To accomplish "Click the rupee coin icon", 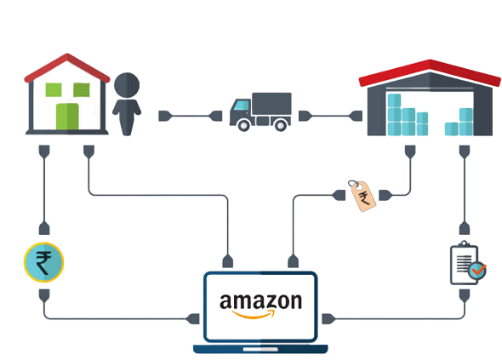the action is pos(44,262).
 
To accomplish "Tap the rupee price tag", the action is pos(362,196).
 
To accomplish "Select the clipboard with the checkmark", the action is pos(468,263).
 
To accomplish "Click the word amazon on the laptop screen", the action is pos(260,301).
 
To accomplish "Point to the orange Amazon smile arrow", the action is pos(254,315).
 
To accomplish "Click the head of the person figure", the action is pos(127,85).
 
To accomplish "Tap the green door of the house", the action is pos(67,117).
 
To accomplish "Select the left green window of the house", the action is pos(54,89).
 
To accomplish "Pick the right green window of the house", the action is pos(82,89).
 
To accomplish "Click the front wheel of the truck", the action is pos(243,125).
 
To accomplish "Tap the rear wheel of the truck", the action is pos(281,125).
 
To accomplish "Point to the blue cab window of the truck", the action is pos(242,105).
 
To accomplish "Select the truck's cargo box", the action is pos(271,105).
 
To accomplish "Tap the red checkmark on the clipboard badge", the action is pos(479,270).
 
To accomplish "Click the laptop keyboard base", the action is pos(260,349).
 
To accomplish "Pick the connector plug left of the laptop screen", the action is pos(193,319).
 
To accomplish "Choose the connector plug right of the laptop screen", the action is pos(328,319).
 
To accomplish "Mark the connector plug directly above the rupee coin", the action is pos(44,228).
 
